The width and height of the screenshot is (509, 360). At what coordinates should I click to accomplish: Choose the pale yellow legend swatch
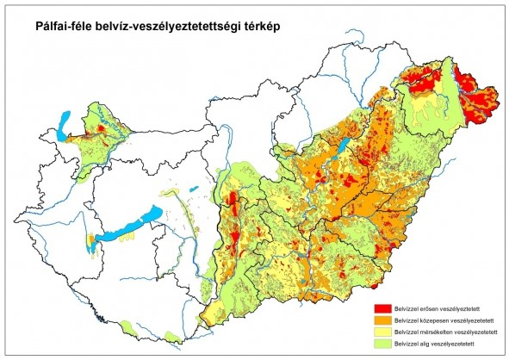tap(381, 332)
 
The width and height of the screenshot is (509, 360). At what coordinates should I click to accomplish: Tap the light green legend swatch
tap(381, 344)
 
